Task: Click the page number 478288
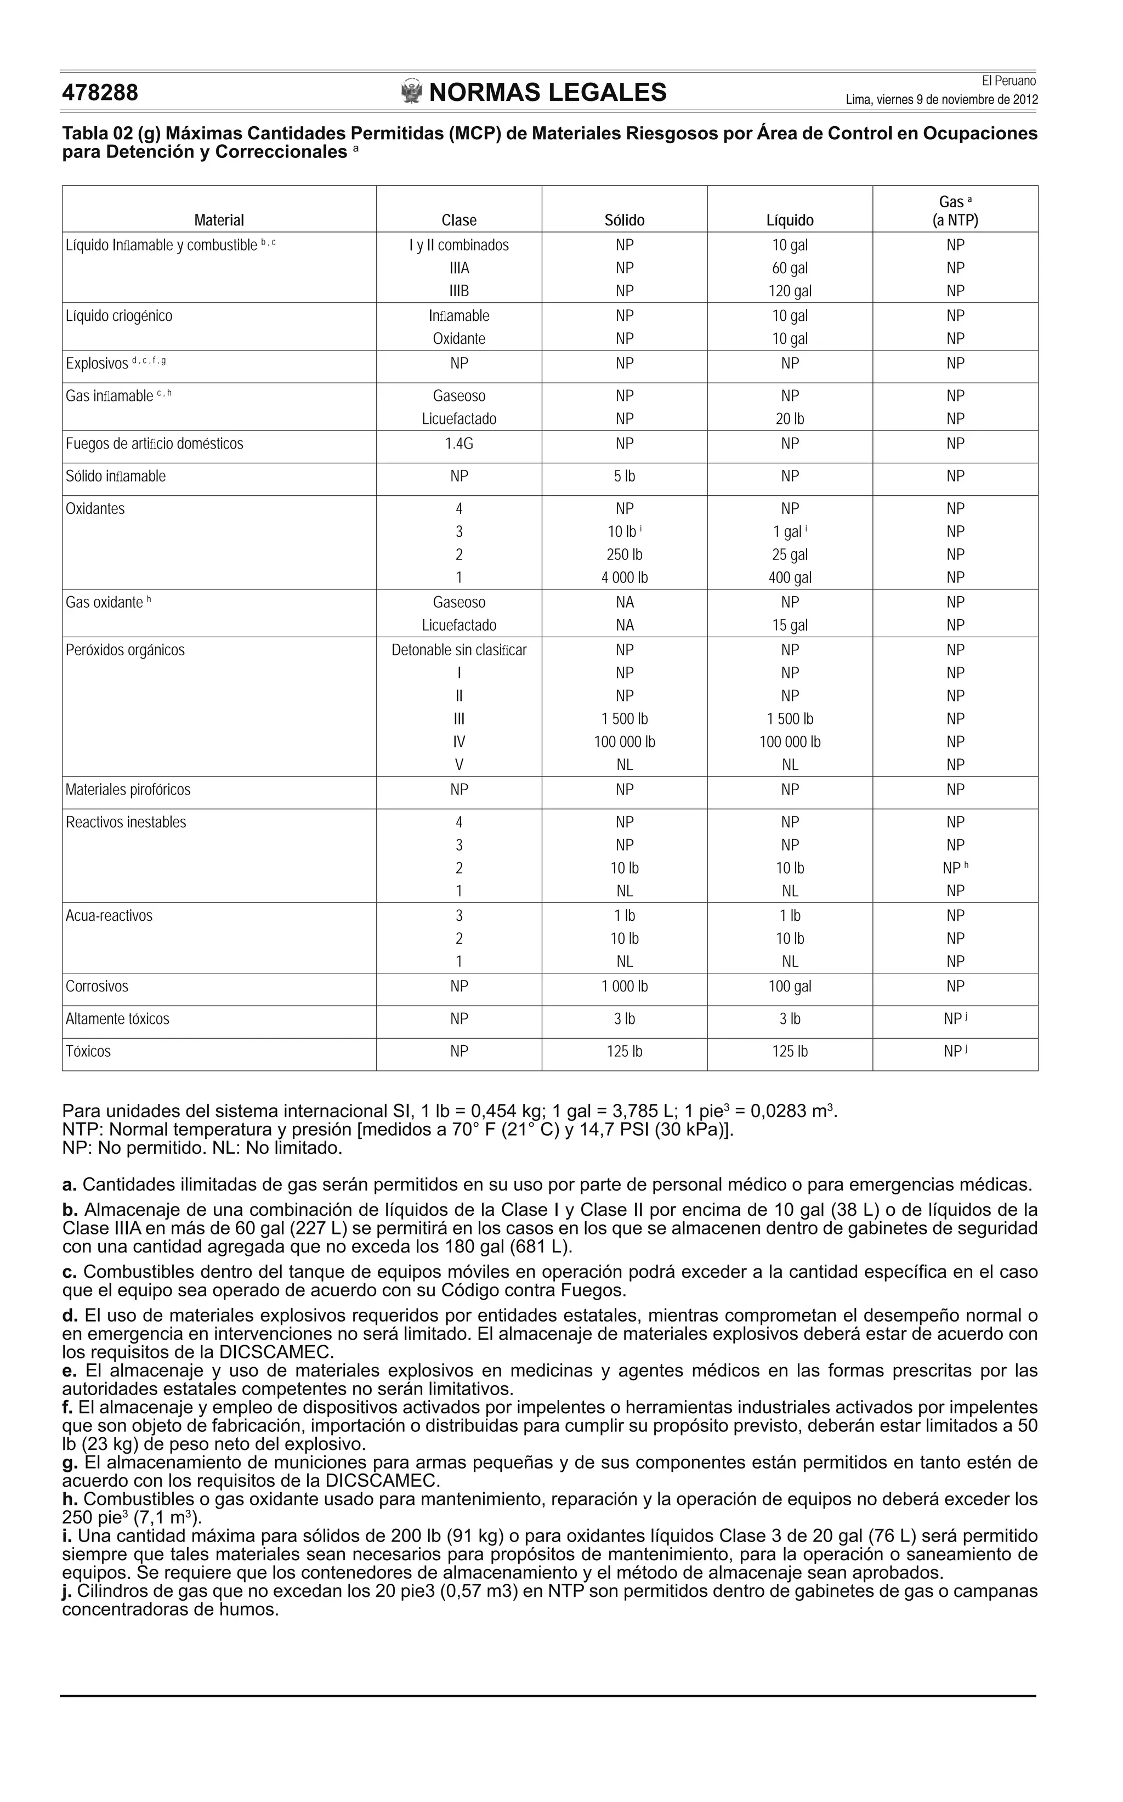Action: tap(100, 93)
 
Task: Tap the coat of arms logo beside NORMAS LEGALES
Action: tap(411, 92)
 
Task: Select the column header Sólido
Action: tap(624, 220)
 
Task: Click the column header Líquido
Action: tap(790, 220)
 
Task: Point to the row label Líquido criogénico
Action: tap(119, 316)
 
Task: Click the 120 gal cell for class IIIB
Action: tap(790, 291)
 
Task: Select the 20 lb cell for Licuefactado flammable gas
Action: tap(790, 419)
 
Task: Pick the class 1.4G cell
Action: tap(458, 444)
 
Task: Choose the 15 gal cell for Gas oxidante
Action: tap(790, 625)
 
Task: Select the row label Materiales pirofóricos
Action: tap(128, 790)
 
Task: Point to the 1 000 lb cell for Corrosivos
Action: tap(624, 987)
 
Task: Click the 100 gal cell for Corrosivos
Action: tap(790, 987)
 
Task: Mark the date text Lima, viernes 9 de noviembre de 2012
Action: tap(941, 100)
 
